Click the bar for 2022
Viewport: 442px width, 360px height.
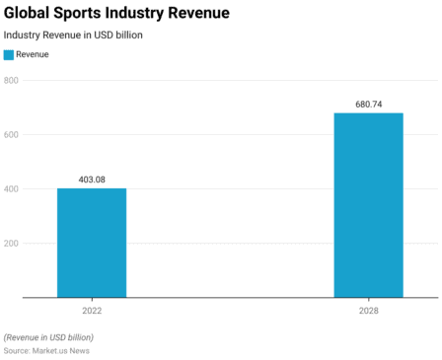point(92,243)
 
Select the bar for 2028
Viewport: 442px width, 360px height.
point(368,205)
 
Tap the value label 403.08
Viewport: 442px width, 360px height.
point(92,179)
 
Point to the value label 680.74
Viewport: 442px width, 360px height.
point(368,104)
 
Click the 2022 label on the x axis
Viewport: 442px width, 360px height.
point(92,310)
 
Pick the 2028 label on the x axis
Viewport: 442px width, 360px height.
point(368,310)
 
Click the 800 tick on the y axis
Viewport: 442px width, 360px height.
point(12,80)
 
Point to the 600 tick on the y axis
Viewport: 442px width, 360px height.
point(12,134)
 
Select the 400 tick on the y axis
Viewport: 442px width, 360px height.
point(12,188)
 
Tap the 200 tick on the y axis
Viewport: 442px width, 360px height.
point(12,243)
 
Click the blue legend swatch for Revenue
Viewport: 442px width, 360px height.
point(9,55)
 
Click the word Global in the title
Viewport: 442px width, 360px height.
point(29,13)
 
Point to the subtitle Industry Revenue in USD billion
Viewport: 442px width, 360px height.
point(73,35)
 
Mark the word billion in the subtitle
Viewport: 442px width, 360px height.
point(127,35)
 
